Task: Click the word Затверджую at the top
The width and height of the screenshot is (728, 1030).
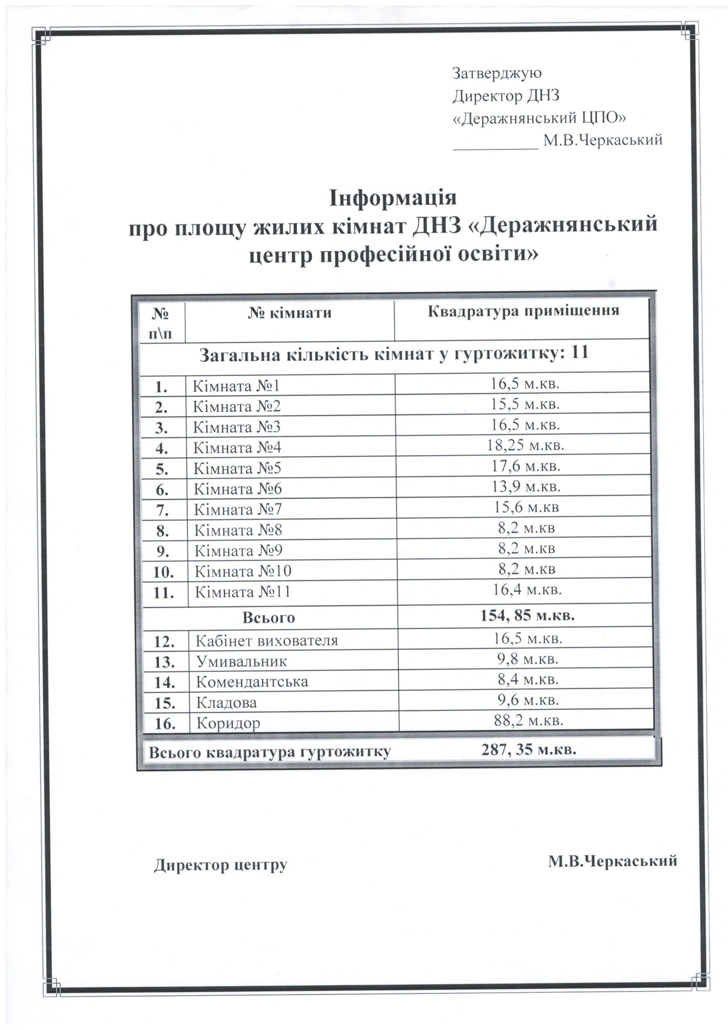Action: click(x=497, y=73)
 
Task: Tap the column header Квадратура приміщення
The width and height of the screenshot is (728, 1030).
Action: click(x=523, y=311)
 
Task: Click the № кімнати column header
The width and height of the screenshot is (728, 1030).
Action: click(x=289, y=313)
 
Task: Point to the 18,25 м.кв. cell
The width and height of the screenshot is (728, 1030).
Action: click(x=525, y=445)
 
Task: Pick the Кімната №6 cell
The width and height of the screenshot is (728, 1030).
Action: click(x=237, y=488)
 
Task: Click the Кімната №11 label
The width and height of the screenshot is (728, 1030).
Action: click(x=243, y=592)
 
